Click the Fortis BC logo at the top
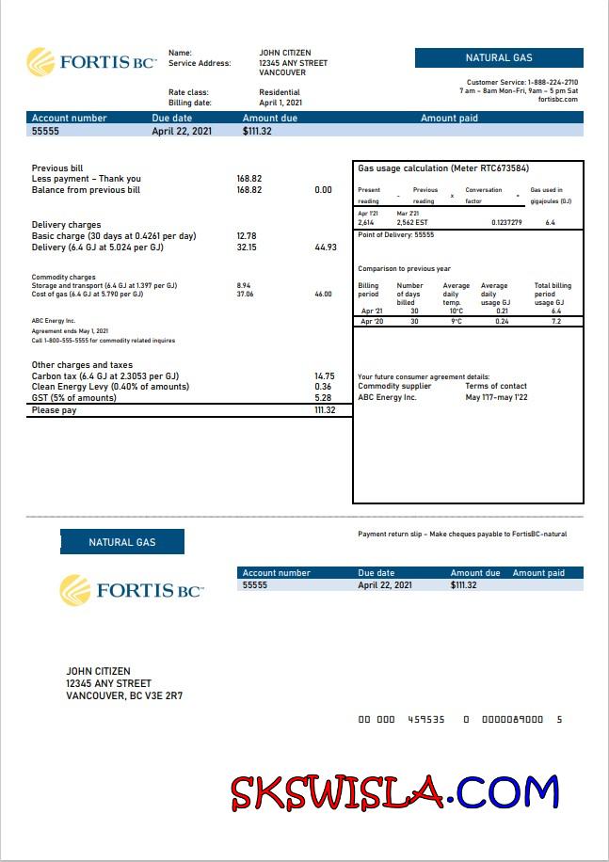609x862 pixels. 91,62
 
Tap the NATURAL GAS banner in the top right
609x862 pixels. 499,58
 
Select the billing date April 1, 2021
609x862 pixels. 280,103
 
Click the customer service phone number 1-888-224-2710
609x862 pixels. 553,83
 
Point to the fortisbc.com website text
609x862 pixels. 557,100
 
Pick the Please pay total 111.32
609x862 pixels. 325,410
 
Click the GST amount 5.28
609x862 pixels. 323,398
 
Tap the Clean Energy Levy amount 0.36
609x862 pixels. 323,387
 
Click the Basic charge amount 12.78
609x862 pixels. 247,236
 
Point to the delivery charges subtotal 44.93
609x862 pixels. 325,247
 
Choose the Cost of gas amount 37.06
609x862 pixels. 245,294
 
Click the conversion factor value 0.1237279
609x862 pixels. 507,222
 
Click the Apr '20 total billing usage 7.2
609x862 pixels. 555,322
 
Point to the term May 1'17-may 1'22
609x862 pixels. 496,397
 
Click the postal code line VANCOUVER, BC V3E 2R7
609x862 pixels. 124,696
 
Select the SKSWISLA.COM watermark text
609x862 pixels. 395,792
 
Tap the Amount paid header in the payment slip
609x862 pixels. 538,573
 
